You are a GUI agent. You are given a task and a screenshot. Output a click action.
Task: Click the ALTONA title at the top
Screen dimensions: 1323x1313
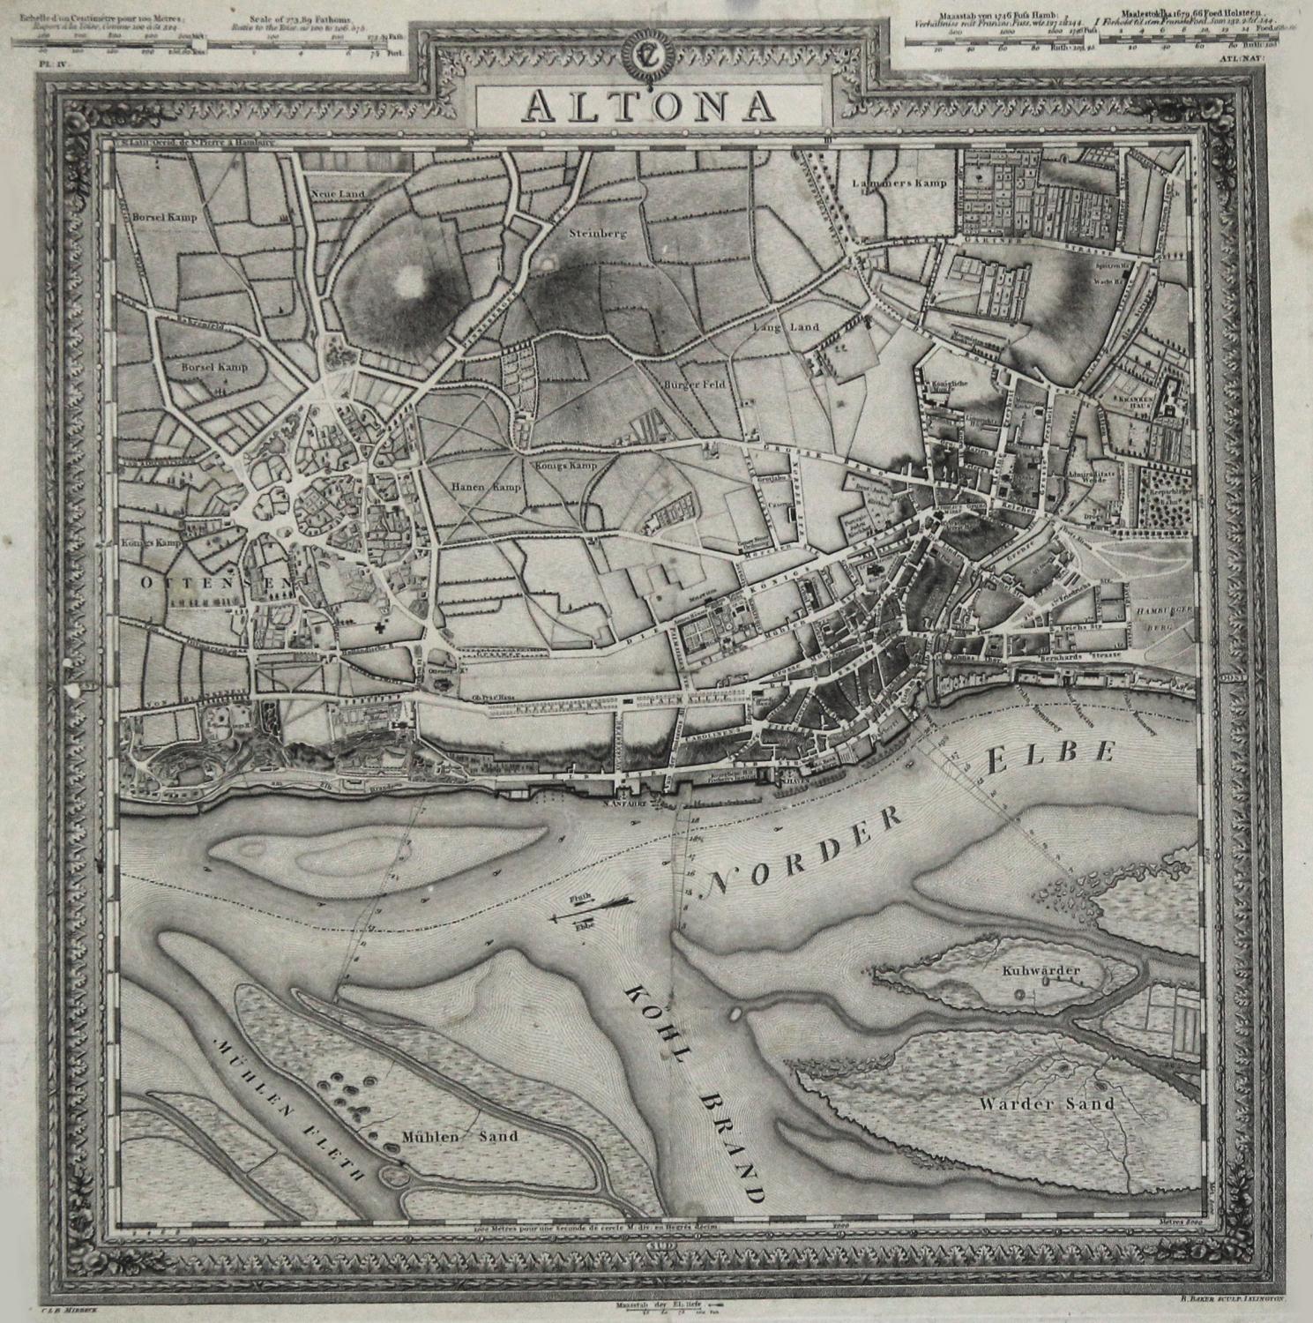(651, 106)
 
